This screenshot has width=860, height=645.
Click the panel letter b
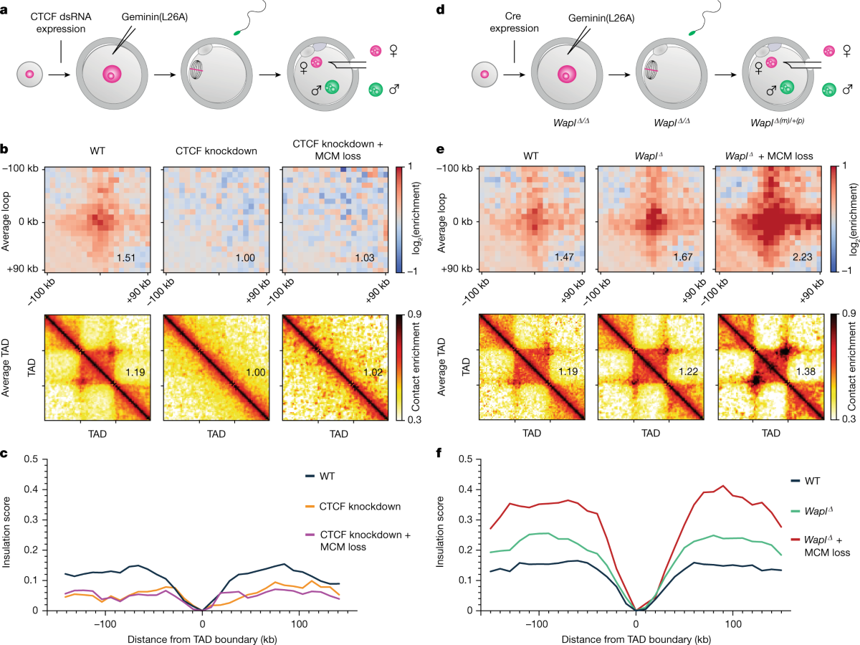(6, 150)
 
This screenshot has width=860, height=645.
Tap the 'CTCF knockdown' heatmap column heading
(216, 152)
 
